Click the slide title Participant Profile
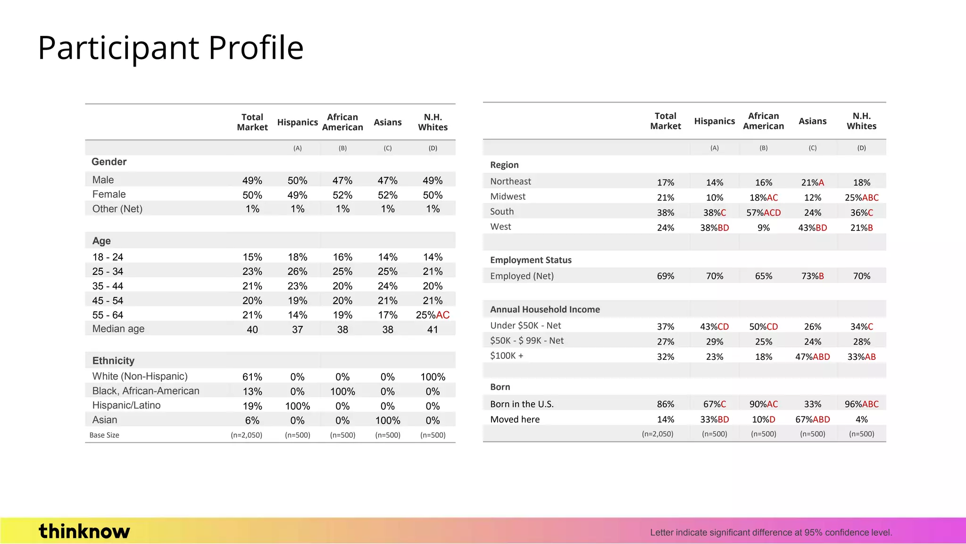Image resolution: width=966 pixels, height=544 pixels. click(170, 48)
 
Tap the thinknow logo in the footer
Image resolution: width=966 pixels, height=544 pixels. click(84, 531)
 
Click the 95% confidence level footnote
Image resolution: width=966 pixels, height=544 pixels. click(771, 533)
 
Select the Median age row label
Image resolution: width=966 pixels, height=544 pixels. click(118, 329)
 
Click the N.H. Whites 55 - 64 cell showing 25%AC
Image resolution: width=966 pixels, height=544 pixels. click(433, 315)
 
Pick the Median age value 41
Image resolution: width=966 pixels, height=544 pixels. click(433, 330)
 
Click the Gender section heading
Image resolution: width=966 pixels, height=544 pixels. click(109, 162)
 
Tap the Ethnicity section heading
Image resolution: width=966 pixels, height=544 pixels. click(113, 361)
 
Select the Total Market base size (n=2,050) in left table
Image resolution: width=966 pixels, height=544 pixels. click(246, 435)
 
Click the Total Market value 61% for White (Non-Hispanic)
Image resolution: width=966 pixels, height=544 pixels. click(252, 377)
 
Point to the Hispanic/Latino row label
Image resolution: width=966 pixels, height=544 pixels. click(126, 405)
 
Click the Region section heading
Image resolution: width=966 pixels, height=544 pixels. click(504, 165)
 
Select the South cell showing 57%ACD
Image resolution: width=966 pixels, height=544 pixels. click(763, 212)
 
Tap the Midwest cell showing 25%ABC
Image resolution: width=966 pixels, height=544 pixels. click(861, 197)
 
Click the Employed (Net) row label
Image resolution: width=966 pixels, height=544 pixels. click(522, 276)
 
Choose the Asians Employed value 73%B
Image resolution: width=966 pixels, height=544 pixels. click(812, 276)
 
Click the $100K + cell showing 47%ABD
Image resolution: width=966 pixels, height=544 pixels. click(812, 357)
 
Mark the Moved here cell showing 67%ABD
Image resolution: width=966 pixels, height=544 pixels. click(812, 419)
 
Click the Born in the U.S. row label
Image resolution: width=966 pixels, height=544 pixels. click(522, 404)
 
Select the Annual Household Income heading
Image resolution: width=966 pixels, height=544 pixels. click(545, 309)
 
